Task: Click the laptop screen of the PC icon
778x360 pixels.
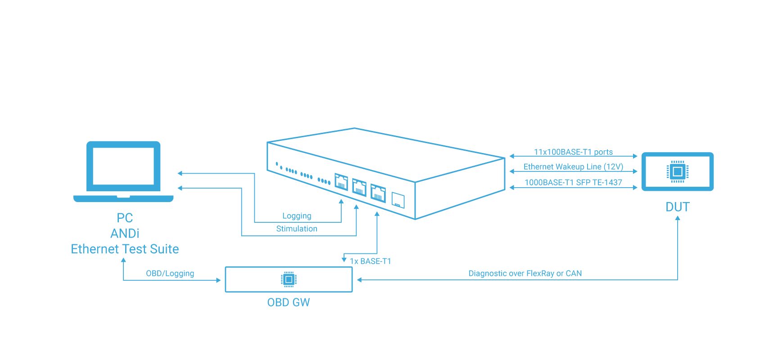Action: tap(123, 166)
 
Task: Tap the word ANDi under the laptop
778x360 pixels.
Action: tap(125, 234)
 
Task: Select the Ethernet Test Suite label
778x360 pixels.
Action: tap(125, 249)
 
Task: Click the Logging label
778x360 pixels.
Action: tap(297, 216)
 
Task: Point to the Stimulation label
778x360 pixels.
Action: tap(297, 229)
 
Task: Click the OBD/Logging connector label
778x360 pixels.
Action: tap(170, 274)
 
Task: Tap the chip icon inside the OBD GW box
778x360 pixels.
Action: tap(289, 279)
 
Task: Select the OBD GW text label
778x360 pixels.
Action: tap(288, 302)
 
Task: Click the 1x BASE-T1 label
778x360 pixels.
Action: tap(371, 261)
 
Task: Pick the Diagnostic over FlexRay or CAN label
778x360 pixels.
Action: tap(525, 274)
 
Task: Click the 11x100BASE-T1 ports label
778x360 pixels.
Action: tap(573, 152)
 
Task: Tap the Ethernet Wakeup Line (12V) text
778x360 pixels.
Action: tap(573, 167)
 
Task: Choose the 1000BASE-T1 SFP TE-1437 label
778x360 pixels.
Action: tap(573, 182)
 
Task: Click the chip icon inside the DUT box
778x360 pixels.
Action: tap(678, 171)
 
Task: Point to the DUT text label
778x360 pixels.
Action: tap(678, 207)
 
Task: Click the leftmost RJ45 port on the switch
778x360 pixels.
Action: tap(341, 182)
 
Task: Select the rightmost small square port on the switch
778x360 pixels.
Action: tap(398, 200)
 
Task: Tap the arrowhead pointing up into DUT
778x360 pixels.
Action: tap(678, 218)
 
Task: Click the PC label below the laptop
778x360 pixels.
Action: tap(125, 218)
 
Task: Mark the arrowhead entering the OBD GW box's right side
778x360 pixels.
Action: tap(359, 280)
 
